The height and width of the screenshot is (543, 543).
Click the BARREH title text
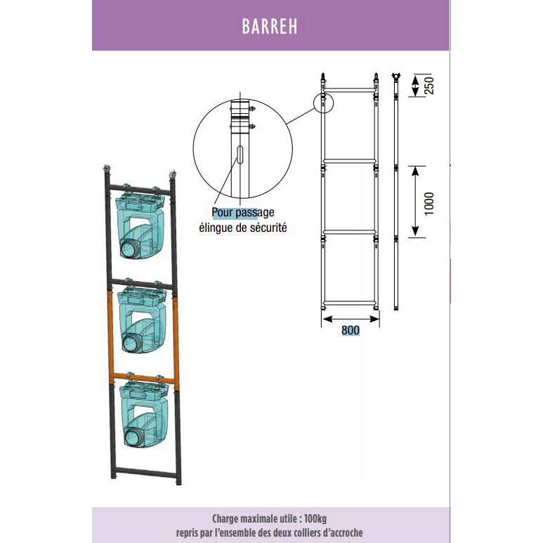270,26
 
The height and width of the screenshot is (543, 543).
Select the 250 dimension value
428,85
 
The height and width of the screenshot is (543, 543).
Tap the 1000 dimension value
428,204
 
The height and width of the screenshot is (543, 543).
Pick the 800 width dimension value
351,330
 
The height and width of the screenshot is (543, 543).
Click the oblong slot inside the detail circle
240,155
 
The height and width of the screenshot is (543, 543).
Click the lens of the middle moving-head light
131,344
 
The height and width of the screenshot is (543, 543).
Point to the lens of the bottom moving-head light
133,437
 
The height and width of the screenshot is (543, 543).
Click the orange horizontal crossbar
144,378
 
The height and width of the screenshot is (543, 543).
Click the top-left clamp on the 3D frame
107,170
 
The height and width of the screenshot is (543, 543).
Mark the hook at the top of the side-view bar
395,76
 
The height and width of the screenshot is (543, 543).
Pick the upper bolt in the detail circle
252,110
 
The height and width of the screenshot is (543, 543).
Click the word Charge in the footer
224,518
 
